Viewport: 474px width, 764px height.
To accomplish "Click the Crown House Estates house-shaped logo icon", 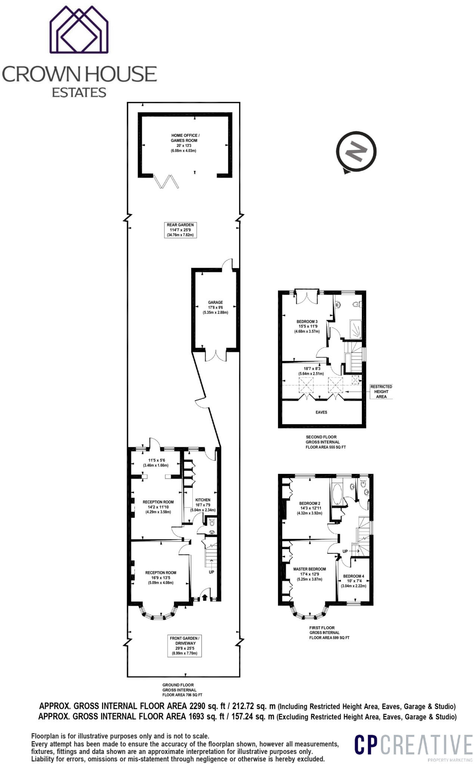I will point(79,30).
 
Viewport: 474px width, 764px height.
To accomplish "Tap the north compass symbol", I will point(356,151).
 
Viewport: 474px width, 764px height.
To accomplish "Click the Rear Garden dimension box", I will point(180,230).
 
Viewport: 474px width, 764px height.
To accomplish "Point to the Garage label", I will point(215,307).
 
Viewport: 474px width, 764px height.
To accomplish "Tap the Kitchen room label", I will point(203,504).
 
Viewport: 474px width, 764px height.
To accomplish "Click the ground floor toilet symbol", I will point(212,523).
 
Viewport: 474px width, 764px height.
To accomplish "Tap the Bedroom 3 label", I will point(307,326).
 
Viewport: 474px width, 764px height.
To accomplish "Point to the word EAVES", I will point(321,412).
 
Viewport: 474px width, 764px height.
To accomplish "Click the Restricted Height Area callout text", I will point(381,392).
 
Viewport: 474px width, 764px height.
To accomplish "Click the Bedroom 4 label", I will point(353,581).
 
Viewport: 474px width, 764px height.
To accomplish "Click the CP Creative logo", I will point(413,745).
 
